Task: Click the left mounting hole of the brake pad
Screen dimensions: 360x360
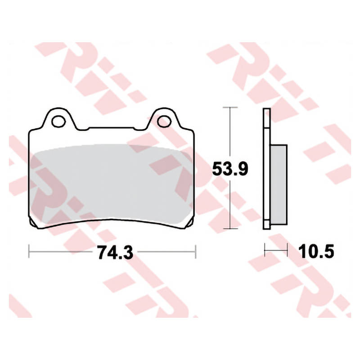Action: [x=58, y=121]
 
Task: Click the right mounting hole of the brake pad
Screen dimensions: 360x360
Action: [x=164, y=121]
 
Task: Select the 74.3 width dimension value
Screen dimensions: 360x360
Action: [x=116, y=252]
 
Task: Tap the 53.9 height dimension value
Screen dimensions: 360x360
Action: [x=230, y=169]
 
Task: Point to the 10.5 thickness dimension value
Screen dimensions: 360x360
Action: [x=316, y=252]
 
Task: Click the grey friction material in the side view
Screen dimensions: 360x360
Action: [x=279, y=184]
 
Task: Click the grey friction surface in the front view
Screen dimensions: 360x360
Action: [x=112, y=184]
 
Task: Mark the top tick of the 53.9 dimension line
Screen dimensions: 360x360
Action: [x=230, y=107]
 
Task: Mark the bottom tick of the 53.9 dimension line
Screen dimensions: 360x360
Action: [x=230, y=229]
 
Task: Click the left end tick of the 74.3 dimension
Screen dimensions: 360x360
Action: [x=29, y=252]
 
